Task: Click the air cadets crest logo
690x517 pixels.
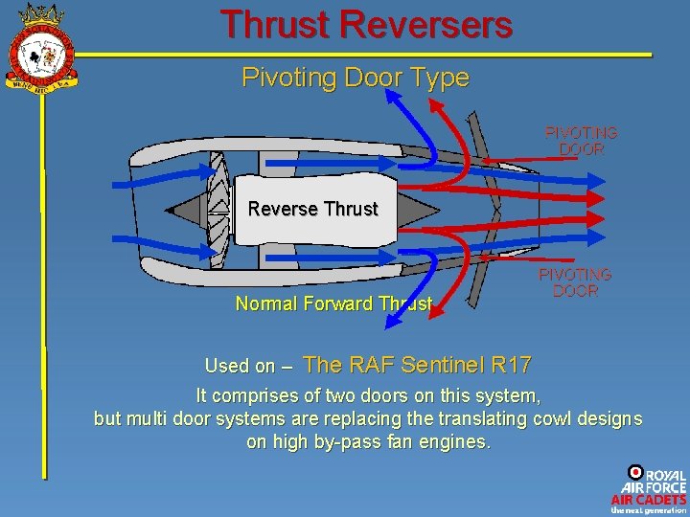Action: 40,48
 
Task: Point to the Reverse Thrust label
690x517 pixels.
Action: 312,208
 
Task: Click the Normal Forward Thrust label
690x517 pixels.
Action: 333,303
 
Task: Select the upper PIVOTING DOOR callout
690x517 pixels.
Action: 581,141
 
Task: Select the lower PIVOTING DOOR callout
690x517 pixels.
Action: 575,282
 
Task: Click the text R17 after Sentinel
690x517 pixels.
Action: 511,364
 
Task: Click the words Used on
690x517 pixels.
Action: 239,366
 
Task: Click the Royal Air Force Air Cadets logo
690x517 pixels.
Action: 650,489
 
